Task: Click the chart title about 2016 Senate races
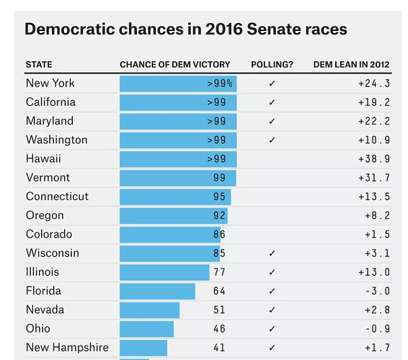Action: point(186,29)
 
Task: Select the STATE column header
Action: point(39,65)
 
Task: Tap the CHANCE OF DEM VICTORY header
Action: point(175,65)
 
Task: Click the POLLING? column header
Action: point(272,65)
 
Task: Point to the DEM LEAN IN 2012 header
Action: point(351,65)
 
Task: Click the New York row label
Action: point(50,84)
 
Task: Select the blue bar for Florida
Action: point(157,291)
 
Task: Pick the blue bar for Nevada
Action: point(150,310)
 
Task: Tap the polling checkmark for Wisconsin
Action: point(272,253)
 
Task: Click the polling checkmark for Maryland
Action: point(272,121)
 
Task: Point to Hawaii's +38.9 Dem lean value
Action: point(374,159)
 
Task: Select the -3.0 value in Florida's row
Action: point(378,291)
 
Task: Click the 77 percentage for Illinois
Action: point(219,272)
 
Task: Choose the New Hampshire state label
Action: point(67,348)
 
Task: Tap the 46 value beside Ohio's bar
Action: point(219,329)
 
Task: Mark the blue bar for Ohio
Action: point(147,329)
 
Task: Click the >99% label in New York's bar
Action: point(220,84)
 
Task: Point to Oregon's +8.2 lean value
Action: point(377,215)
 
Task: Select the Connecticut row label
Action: point(57,197)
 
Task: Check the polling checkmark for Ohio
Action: point(272,329)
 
